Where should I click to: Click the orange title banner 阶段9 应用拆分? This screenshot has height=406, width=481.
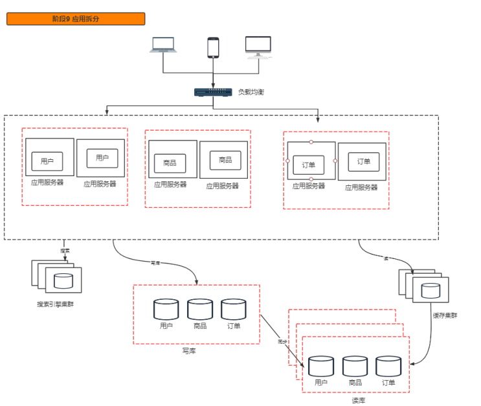click(76, 19)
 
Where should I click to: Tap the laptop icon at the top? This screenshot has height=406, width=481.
click(163, 45)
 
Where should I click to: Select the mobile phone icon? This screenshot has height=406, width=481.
click(213, 47)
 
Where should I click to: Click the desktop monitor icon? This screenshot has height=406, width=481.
click(258, 47)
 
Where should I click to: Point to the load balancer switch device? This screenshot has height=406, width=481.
click(213, 92)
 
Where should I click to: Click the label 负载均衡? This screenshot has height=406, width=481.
click(251, 92)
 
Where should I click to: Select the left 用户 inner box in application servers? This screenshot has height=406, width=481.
click(47, 161)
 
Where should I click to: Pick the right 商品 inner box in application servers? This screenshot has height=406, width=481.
click(225, 160)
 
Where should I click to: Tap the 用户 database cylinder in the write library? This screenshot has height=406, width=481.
click(166, 309)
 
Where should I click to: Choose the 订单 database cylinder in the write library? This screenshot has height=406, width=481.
click(234, 309)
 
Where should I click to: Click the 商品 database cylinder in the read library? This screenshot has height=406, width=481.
click(355, 366)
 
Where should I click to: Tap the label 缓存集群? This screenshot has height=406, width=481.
click(445, 316)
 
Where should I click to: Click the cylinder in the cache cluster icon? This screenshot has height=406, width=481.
click(431, 290)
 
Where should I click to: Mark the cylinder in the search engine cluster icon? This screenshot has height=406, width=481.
click(63, 281)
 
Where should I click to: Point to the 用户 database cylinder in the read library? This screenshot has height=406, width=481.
click(321, 366)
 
